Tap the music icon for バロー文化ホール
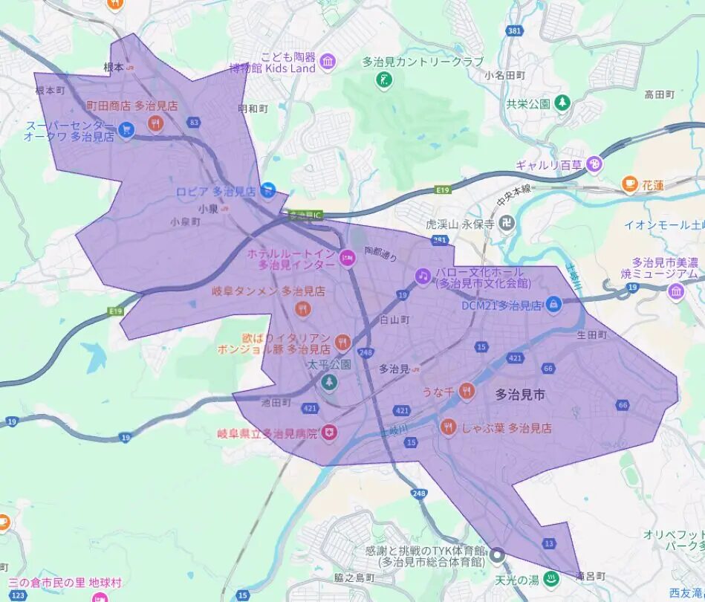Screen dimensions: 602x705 point(423,276)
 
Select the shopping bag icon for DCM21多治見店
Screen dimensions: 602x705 point(553,303)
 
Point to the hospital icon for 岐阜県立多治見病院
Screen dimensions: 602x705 point(328,432)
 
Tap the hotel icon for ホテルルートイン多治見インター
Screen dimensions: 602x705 point(346,258)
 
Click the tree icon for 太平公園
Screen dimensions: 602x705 point(328,382)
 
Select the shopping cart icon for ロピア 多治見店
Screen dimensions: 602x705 point(268,190)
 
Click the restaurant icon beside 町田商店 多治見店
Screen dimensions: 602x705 point(155,123)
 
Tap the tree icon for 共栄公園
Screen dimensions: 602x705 point(563,102)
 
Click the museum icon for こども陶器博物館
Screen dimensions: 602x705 point(328,60)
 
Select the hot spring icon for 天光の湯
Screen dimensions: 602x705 point(550,577)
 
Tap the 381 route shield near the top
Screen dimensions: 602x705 point(512,32)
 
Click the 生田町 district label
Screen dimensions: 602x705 point(592,335)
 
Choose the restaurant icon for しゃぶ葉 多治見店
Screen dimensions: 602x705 point(448,427)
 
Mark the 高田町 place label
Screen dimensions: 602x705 point(659,94)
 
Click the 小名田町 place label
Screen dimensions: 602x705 point(504,75)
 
